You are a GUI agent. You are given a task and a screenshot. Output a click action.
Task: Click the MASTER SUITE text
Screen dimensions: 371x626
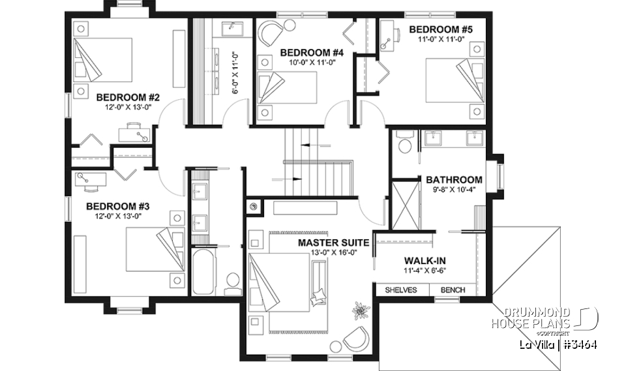(333, 243)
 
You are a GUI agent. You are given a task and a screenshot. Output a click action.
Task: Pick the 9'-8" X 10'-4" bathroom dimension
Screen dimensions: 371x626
(455, 190)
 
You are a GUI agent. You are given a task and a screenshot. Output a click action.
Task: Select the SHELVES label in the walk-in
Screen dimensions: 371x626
(400, 290)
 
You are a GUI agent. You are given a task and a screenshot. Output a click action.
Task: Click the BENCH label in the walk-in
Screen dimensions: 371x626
(453, 290)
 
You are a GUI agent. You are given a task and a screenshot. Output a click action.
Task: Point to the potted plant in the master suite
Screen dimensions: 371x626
(359, 310)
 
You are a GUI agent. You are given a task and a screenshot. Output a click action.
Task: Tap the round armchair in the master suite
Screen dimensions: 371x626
(356, 338)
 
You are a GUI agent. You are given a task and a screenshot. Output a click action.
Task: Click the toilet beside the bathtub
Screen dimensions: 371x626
(232, 282)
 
